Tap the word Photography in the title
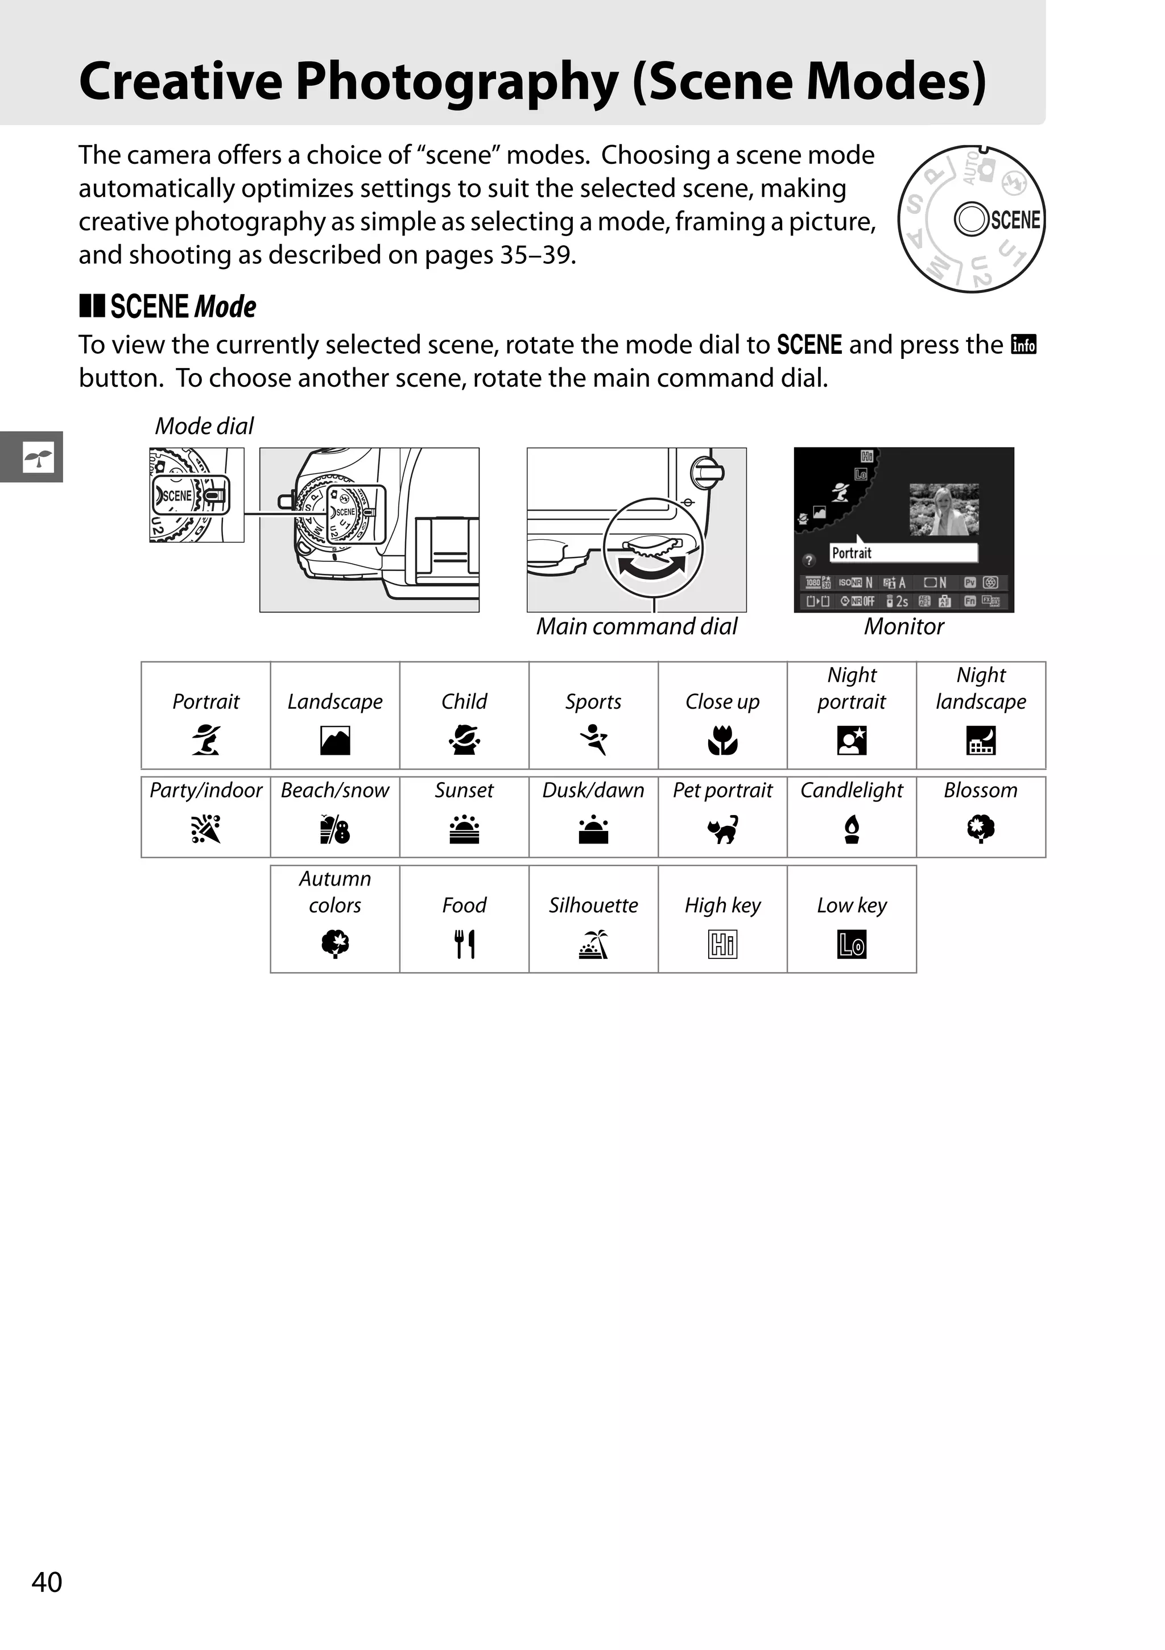point(457,81)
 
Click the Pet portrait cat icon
point(722,829)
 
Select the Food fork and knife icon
point(464,944)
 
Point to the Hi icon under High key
point(722,944)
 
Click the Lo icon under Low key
point(852,944)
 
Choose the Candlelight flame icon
point(852,829)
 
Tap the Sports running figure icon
point(594,739)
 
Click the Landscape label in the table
point(335,701)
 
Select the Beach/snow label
point(335,791)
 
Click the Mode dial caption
point(204,426)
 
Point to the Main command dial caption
point(637,627)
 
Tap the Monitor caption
point(903,627)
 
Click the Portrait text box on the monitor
point(903,553)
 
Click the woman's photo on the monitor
point(943,510)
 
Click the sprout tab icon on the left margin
point(38,457)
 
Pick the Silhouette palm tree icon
point(594,944)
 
